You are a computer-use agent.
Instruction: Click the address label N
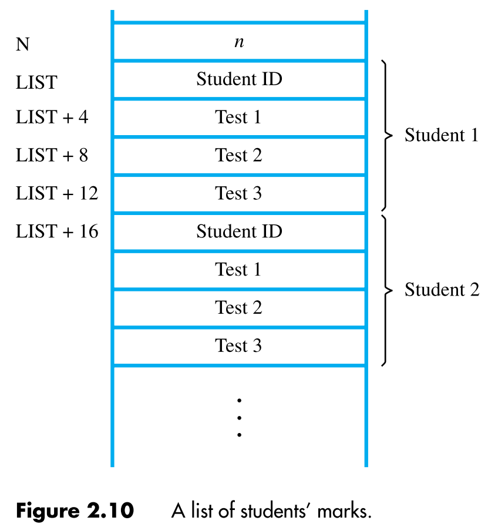(x=22, y=45)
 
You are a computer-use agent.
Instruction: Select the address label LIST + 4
(x=52, y=118)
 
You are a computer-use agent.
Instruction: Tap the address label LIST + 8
(x=52, y=156)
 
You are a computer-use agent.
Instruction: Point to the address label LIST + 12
(x=56, y=193)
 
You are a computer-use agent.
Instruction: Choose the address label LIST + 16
(x=56, y=231)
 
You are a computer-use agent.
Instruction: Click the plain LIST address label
(x=36, y=83)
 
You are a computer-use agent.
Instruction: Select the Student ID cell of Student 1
(x=239, y=79)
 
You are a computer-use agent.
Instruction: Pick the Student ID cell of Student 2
(x=239, y=231)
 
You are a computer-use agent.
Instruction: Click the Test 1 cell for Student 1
(x=239, y=118)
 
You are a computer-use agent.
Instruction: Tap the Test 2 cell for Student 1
(x=239, y=156)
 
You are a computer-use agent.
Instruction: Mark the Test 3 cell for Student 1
(x=239, y=193)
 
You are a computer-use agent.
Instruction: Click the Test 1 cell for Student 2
(x=239, y=270)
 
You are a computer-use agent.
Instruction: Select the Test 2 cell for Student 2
(x=239, y=308)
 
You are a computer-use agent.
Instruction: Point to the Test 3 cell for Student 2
(x=239, y=345)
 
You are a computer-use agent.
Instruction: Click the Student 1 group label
(x=442, y=136)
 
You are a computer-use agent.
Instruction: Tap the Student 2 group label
(x=442, y=290)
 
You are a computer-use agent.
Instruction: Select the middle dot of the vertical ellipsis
(x=239, y=417)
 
